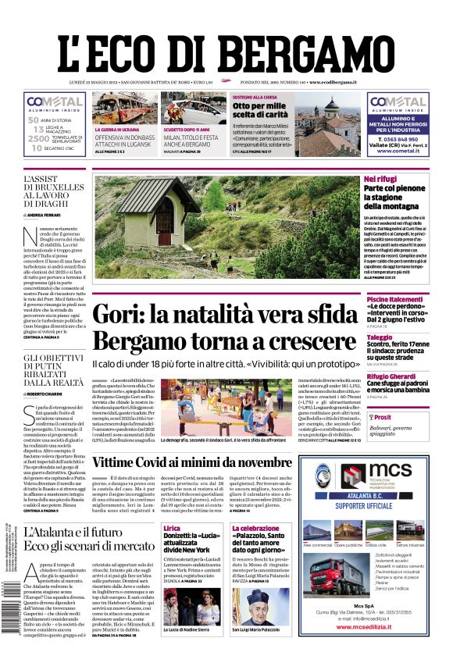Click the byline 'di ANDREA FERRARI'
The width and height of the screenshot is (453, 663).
point(46,214)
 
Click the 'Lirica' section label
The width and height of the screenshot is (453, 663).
point(172,529)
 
